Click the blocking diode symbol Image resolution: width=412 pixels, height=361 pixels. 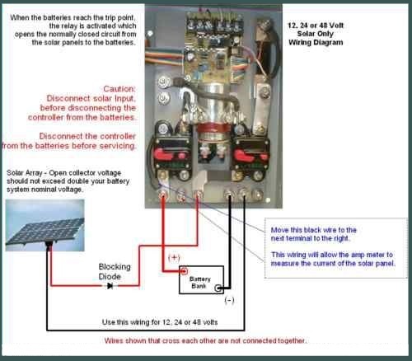(x=110, y=286)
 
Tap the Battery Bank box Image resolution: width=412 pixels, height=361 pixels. (x=201, y=279)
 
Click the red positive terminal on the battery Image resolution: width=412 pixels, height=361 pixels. (x=185, y=271)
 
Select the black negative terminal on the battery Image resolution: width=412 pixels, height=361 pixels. (x=218, y=288)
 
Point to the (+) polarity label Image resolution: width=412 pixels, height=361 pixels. (x=174, y=257)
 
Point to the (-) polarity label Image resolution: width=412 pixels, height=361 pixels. (x=229, y=300)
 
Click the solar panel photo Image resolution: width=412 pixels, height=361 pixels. (x=45, y=225)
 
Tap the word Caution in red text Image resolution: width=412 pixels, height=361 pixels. (x=119, y=89)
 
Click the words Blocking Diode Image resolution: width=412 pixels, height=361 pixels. (x=115, y=271)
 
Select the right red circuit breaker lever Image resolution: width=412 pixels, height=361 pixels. (x=244, y=156)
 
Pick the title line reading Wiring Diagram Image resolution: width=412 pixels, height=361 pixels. (x=316, y=42)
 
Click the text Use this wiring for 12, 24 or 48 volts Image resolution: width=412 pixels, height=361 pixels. (x=160, y=322)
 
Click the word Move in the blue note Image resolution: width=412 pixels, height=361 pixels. (x=279, y=230)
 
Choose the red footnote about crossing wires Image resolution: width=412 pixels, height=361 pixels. (x=205, y=340)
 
